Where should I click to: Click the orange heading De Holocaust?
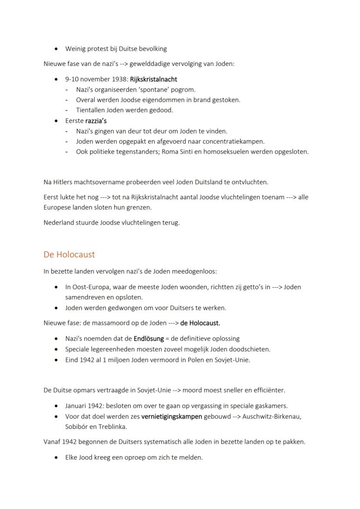(x=69, y=254)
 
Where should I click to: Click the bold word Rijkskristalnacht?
(x=153, y=80)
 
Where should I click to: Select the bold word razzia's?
(x=96, y=121)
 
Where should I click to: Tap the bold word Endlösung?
(x=149, y=339)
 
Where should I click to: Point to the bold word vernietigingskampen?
(x=172, y=416)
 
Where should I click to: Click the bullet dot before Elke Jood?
(x=57, y=458)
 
